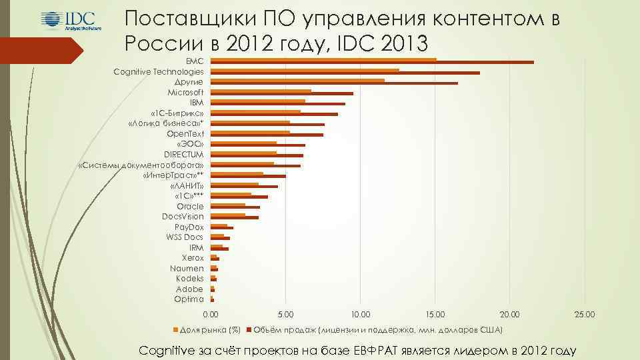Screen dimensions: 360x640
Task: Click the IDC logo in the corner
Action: pos(68,22)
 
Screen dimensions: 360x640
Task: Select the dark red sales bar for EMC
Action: pos(373,63)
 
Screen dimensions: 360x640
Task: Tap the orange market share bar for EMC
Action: pos(324,59)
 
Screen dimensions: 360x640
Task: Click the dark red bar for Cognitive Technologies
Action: pos(346,73)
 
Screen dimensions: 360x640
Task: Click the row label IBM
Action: pos(197,103)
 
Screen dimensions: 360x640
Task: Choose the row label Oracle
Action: pos(190,206)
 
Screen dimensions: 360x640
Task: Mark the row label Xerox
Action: pos(193,257)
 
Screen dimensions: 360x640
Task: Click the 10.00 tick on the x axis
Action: pos(360,314)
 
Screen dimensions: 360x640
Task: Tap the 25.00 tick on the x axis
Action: pos(585,314)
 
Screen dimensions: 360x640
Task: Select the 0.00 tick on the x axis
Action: pos(210,314)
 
